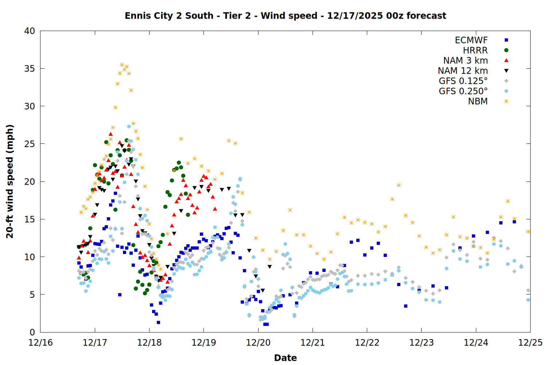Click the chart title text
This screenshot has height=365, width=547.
285,16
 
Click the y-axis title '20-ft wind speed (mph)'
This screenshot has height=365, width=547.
10,181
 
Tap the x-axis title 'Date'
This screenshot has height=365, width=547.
285,358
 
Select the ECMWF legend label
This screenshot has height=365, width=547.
471,40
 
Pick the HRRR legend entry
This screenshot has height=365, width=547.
475,50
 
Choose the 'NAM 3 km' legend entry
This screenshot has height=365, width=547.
465,61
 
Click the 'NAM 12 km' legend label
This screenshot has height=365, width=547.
463,71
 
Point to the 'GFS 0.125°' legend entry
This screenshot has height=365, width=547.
463,81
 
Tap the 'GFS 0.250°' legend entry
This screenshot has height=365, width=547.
463,91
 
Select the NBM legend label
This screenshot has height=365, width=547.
478,101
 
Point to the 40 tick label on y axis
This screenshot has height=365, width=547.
30,31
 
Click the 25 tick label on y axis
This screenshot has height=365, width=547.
30,144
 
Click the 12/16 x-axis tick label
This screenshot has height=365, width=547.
40,343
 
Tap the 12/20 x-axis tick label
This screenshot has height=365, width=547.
258,343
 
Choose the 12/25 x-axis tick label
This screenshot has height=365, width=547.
530,343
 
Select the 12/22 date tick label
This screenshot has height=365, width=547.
367,343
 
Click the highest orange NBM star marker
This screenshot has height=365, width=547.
122,65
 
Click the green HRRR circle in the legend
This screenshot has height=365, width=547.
506,50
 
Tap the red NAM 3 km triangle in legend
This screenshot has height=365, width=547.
506,61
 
